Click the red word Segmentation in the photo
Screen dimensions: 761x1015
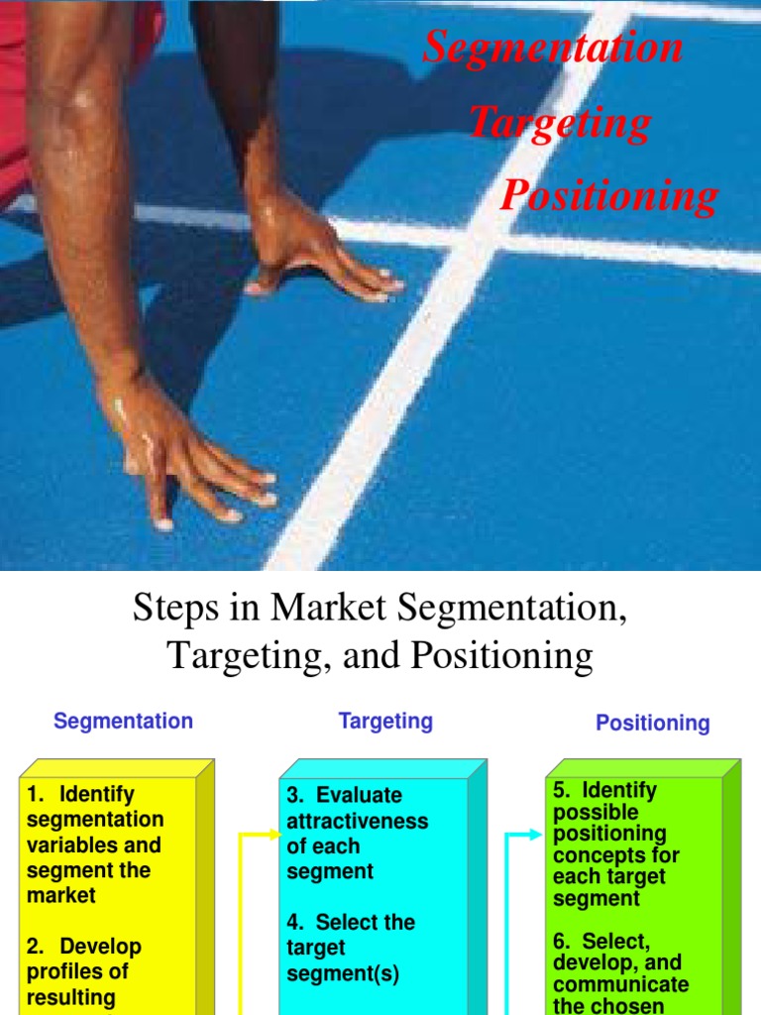[x=553, y=48]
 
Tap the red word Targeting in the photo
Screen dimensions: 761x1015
[x=560, y=122]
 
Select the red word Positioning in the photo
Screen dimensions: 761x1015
[x=608, y=195]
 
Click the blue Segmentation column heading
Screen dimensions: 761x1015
[x=123, y=721]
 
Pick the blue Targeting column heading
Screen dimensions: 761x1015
[x=385, y=721]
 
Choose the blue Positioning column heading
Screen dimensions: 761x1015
[x=652, y=723]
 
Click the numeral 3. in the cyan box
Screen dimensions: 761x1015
[x=295, y=795]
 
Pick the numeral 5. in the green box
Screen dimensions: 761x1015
[x=562, y=790]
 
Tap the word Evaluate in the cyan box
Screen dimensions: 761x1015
[x=359, y=795]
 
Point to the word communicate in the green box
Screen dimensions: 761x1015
[x=620, y=984]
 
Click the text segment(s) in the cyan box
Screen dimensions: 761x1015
[x=343, y=973]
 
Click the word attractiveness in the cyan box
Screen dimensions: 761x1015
[x=357, y=821]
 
